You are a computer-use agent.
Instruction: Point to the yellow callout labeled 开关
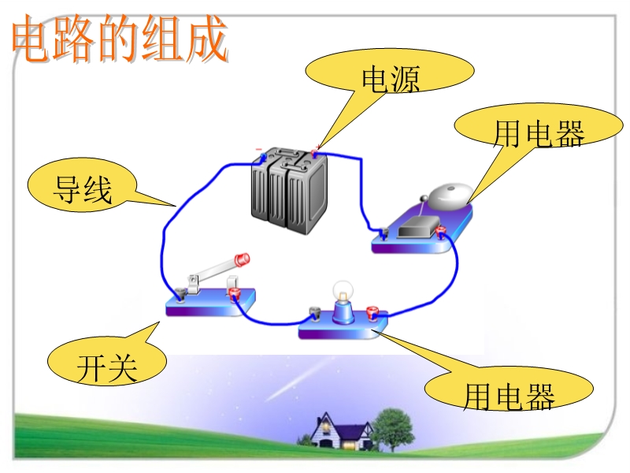[x=107, y=367]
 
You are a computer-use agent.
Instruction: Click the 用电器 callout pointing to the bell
[x=539, y=134]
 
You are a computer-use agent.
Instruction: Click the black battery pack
[x=288, y=189]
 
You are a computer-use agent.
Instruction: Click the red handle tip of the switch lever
[x=243, y=258]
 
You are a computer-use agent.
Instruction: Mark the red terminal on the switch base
[x=233, y=294]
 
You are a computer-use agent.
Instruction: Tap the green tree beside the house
[x=391, y=426]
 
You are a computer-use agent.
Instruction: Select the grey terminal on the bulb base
[x=313, y=315]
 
